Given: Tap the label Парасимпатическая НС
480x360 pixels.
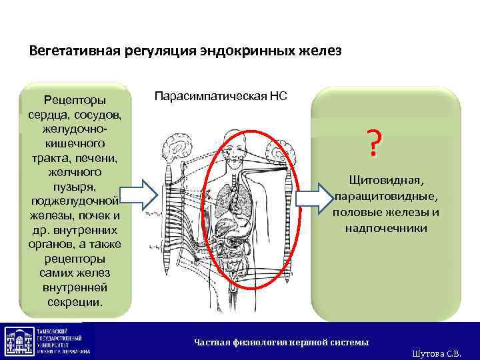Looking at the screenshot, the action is coord(221,96).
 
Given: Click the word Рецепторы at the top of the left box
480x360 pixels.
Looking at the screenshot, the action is coord(74,100).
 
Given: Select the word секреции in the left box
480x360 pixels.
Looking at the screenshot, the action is coord(75,301).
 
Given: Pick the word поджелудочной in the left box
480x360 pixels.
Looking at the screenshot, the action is coord(75,201).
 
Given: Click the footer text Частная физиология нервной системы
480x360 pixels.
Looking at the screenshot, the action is coord(281,342).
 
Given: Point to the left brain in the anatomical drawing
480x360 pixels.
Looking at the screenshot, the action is coord(181,147).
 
